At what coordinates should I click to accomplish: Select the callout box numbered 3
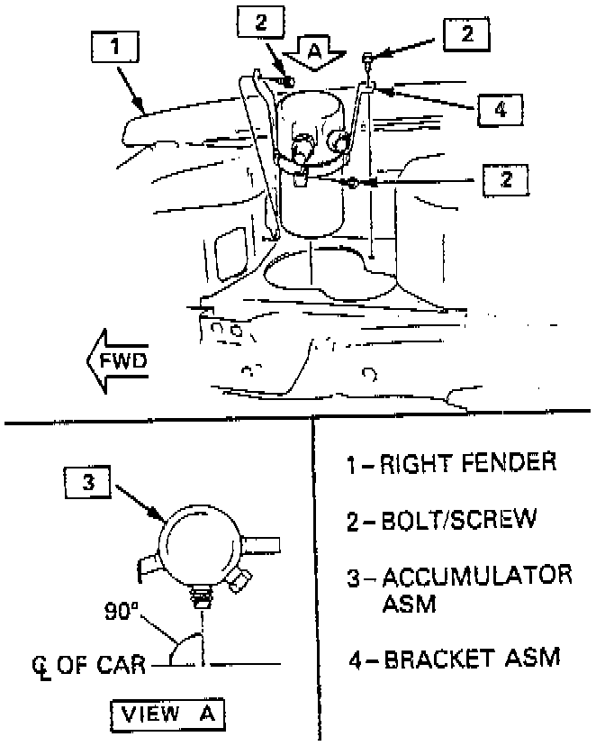[87, 483]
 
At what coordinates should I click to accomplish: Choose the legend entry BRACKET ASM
[456, 658]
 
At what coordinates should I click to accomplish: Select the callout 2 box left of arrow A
[260, 23]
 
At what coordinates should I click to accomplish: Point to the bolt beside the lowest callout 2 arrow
[353, 183]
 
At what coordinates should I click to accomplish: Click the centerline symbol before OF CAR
[38, 668]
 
